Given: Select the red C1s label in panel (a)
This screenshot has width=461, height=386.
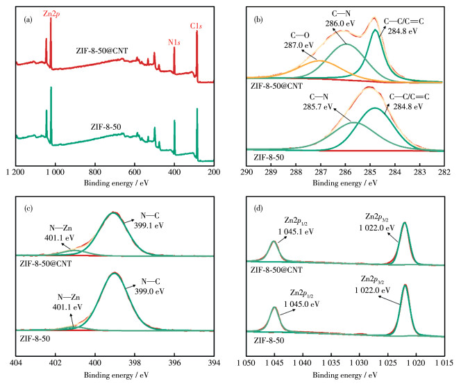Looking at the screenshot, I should coord(197,25).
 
